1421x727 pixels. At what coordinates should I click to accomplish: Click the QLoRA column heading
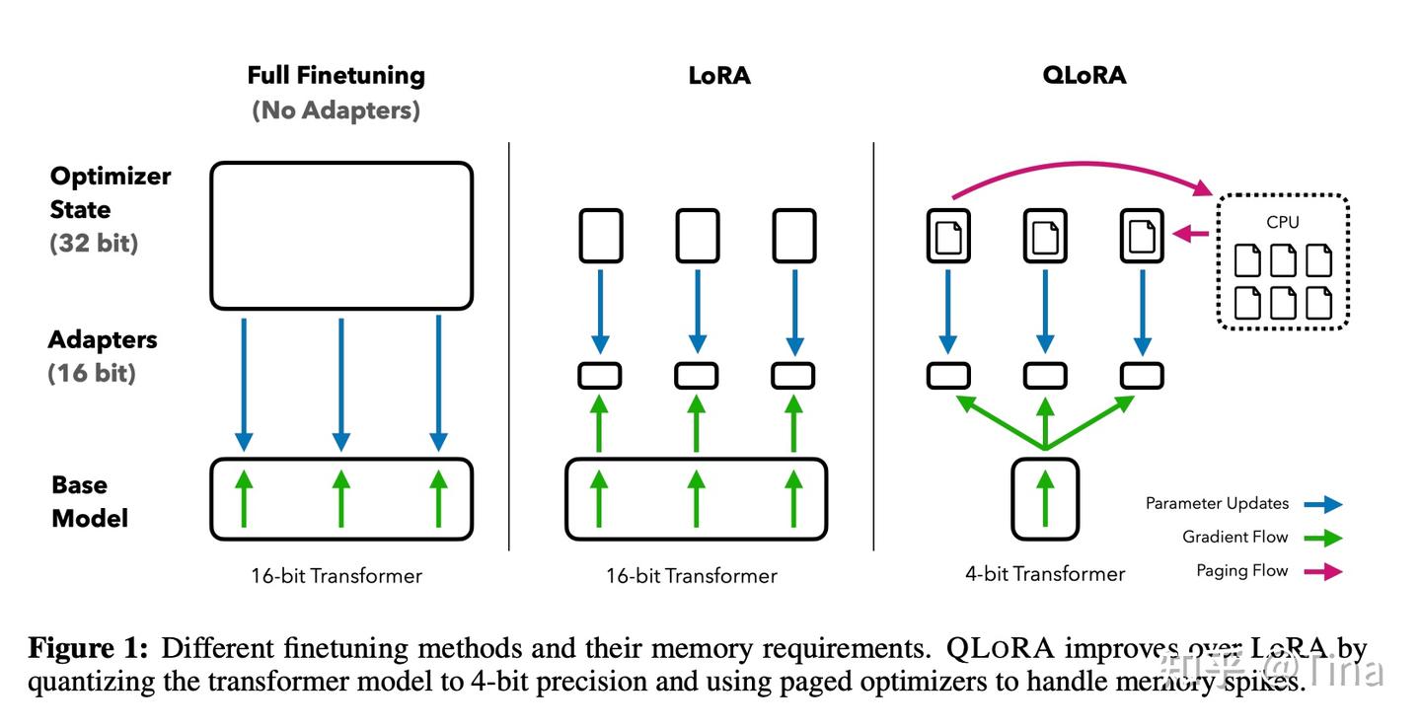1084,76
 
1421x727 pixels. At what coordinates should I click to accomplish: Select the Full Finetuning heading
336,76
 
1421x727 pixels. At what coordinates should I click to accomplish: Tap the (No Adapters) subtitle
336,109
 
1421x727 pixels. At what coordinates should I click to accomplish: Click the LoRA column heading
719,76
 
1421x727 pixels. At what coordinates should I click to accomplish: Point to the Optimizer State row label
110,192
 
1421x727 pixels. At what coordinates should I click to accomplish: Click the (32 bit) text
94,243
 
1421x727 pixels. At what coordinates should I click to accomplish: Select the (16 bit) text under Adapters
92,373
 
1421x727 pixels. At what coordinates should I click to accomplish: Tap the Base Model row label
90,501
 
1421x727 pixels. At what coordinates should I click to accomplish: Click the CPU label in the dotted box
1282,222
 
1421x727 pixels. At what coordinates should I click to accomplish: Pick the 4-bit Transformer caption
1045,574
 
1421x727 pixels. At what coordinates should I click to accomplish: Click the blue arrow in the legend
1323,504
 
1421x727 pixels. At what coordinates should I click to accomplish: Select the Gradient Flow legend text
1235,537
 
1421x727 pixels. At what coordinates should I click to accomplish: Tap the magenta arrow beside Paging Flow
1323,570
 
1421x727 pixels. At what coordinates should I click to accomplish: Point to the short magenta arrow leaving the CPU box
1193,235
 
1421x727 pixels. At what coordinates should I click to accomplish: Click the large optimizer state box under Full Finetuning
341,235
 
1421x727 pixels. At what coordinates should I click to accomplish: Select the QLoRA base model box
1045,498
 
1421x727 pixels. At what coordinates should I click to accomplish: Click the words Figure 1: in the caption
88,649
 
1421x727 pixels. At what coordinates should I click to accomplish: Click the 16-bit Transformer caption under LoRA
691,576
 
